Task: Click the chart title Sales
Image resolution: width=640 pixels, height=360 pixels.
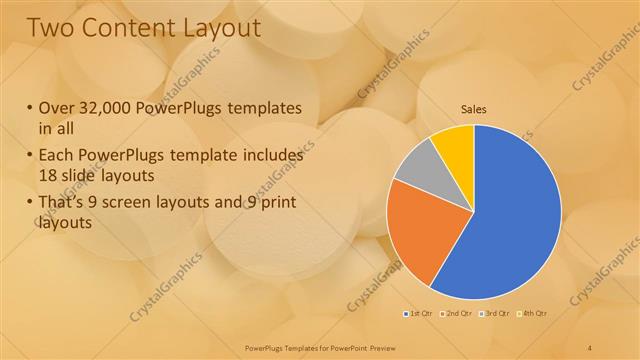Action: pos(473,109)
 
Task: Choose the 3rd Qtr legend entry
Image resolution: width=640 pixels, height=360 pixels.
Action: pos(496,314)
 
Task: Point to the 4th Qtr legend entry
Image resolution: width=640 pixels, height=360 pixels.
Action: pos(533,314)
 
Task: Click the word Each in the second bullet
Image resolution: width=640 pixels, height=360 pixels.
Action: pos(57,155)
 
